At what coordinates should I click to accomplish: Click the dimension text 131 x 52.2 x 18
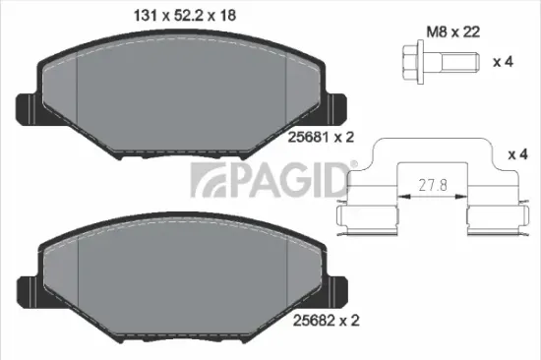click(x=185, y=15)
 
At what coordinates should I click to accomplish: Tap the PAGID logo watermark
click(x=267, y=180)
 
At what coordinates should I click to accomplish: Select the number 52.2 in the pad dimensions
click(x=185, y=15)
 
